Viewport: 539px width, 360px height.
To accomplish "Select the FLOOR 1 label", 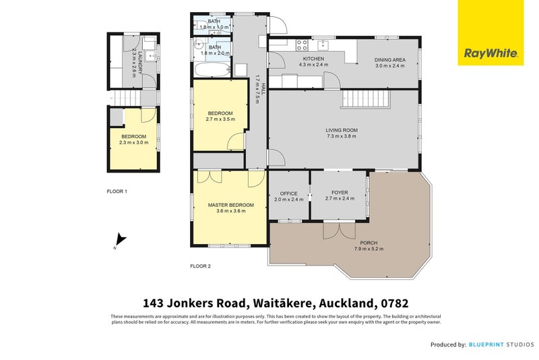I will point(117,191).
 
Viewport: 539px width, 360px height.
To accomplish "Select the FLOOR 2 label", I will point(200,266).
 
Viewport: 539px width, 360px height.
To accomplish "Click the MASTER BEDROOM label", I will point(230,205).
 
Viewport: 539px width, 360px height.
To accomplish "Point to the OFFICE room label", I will point(288,193).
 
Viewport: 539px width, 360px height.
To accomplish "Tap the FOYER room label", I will point(340,193).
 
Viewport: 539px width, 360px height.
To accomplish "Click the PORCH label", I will point(368,243).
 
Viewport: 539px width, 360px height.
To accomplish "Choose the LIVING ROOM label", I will point(341,130).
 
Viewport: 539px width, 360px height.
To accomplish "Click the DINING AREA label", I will point(389,60).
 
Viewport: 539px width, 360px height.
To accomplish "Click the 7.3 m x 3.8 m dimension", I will point(341,137).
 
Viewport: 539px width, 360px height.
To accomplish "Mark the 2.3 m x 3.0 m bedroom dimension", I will point(133,142).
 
